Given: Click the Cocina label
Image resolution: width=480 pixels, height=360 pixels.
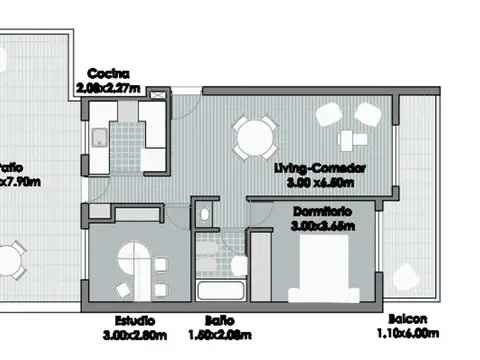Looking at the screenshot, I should click(106, 73).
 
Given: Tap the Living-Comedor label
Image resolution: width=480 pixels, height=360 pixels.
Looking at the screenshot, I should click(318, 169).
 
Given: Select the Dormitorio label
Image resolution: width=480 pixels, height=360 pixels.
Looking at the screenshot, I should click(322, 212).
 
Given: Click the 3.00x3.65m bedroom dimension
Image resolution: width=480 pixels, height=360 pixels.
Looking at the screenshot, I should click(322, 226).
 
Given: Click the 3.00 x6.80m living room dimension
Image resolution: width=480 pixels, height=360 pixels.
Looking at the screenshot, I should click(318, 183).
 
